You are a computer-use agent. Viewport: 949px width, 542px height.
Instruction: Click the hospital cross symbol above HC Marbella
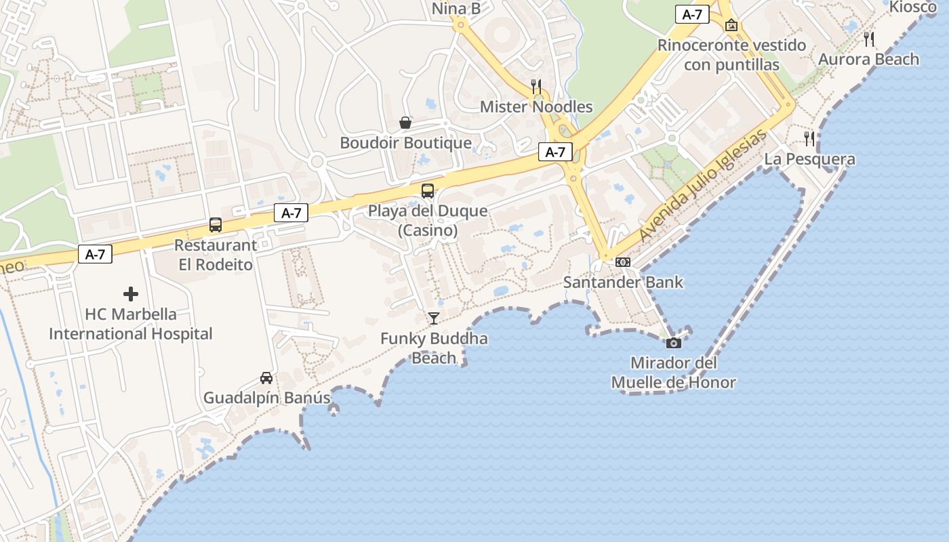[131, 294]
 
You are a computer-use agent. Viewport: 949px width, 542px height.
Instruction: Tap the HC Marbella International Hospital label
[131, 325]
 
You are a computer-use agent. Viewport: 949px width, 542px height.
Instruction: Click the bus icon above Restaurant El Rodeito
[216, 225]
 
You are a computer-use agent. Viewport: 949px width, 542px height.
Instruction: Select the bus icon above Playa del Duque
[428, 191]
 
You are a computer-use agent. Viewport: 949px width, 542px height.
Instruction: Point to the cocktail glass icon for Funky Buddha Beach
[434, 318]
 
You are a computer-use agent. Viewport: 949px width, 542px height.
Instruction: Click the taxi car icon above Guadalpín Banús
[266, 378]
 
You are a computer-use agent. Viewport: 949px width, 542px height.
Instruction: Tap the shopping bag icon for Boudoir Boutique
[405, 123]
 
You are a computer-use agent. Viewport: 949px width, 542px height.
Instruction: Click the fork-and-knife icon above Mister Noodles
[536, 86]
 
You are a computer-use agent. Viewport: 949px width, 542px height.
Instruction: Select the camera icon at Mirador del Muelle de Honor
[673, 343]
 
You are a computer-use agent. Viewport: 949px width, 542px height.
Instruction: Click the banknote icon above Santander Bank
[623, 262]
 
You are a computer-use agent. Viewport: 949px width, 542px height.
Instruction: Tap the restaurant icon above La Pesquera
[809, 139]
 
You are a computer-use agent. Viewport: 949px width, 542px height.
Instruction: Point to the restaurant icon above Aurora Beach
[870, 39]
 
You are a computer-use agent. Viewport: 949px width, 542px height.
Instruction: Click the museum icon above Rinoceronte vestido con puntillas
[731, 25]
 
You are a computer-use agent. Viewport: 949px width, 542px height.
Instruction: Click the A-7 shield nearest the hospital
[95, 254]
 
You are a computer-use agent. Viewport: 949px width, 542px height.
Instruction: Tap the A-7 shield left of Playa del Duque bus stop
[291, 213]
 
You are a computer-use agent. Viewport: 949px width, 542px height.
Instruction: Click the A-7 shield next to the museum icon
[692, 14]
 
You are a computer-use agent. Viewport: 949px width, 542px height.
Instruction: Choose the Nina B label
[456, 9]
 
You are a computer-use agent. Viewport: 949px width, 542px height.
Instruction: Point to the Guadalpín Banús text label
[267, 398]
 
